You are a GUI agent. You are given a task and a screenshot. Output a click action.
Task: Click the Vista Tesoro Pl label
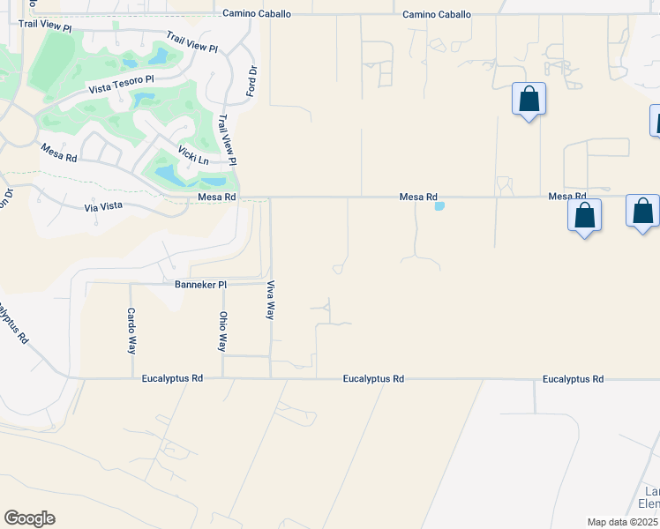point(121,85)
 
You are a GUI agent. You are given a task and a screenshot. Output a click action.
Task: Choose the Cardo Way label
point(131,331)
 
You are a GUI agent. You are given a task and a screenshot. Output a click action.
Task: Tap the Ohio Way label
point(223,331)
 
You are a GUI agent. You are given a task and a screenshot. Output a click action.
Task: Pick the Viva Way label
point(271,301)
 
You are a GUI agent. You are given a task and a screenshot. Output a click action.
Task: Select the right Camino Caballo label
point(437,14)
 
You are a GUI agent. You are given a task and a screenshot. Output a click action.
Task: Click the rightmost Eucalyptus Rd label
point(573,378)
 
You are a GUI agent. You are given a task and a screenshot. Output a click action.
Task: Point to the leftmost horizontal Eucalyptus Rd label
point(172,378)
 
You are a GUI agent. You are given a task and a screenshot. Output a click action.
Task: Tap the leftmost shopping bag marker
point(529,99)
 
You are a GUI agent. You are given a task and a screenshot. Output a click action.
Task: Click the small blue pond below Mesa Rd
point(439,206)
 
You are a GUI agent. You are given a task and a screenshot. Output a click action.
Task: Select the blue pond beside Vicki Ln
point(169,175)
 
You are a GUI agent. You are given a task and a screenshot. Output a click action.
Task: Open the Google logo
point(29,518)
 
